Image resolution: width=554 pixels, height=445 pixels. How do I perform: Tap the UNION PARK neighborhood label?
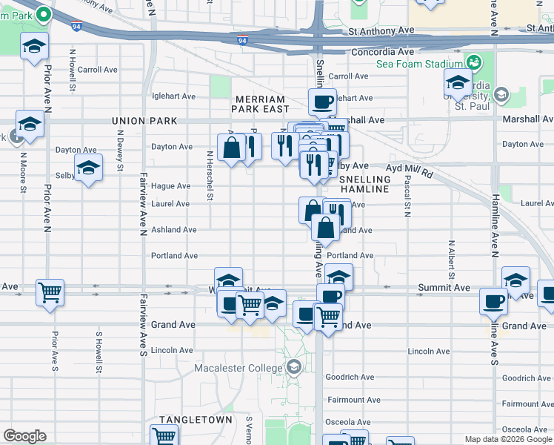[x=144, y=121]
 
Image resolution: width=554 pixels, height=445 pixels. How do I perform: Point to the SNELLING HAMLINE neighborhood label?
[x=364, y=185]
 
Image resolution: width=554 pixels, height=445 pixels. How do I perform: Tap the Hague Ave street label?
[x=171, y=186]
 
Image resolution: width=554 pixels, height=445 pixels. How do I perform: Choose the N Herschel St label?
[x=210, y=176]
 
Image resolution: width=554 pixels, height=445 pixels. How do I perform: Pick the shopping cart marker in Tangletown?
[x=164, y=436]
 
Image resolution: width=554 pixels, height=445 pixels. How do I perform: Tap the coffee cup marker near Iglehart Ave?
[x=322, y=101]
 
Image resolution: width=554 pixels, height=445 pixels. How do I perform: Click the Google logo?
[x=25, y=436]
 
